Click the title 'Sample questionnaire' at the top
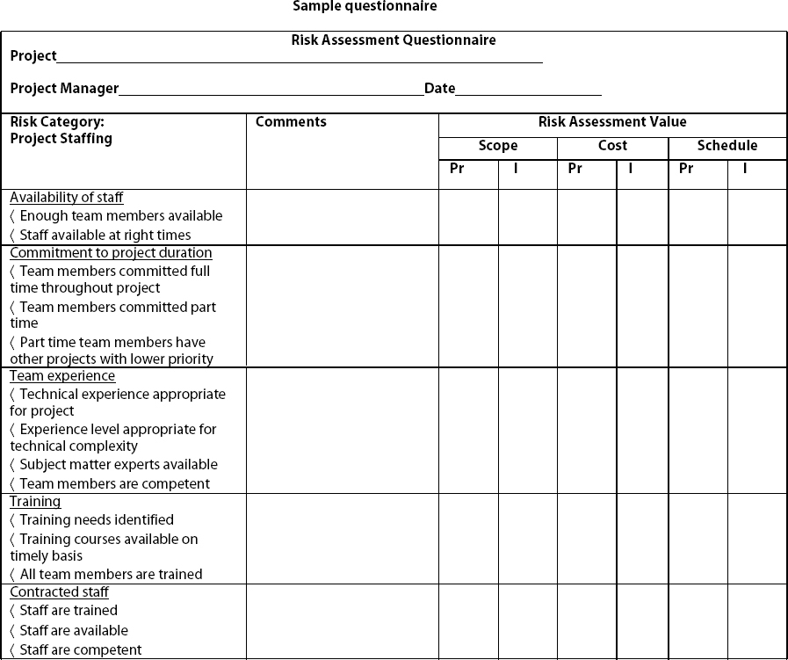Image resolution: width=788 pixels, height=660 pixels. coord(364,7)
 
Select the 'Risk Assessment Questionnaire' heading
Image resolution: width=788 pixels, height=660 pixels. coord(394,40)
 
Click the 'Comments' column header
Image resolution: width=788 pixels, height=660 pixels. coord(291,122)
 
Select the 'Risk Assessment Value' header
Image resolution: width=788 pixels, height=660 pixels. coord(612,122)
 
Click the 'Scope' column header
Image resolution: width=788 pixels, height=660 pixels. coord(498,146)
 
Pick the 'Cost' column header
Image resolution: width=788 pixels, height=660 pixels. coord(612,146)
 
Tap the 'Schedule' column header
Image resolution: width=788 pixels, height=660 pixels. coord(727,146)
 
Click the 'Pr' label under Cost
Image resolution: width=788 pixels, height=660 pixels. coord(575,169)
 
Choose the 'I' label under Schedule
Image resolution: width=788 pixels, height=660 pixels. coord(745,169)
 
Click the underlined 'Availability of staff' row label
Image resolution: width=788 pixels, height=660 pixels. coord(67,198)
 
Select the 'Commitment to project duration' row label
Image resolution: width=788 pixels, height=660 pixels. coord(111,253)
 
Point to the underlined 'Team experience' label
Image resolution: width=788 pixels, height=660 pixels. coord(62,376)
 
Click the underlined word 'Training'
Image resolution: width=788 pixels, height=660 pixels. coord(35,502)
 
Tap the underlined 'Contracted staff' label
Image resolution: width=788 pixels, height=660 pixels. coord(59,592)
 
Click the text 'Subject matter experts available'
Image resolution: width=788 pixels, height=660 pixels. coord(119,465)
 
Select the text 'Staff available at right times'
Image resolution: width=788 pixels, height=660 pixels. coord(105,235)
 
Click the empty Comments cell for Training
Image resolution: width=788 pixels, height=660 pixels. coord(342,538)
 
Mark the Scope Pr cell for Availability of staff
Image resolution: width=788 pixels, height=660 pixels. coord(468,217)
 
